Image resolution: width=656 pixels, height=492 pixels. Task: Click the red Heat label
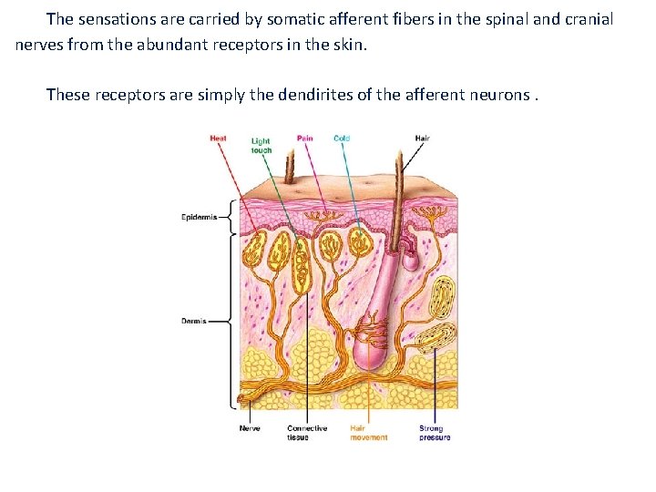point(219,138)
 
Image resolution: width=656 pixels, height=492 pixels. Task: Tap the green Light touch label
point(261,145)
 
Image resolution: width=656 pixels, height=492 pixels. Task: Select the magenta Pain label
point(304,138)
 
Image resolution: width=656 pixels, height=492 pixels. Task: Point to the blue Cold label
point(342,138)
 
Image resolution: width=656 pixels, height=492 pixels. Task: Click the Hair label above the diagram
point(422,138)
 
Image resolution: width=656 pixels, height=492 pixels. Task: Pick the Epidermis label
point(199,217)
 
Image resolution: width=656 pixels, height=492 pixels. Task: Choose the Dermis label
point(193,321)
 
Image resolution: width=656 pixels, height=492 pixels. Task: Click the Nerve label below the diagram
point(250,428)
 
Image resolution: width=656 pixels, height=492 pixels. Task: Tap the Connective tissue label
point(307,433)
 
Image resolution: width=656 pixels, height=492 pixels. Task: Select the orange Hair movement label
point(369,433)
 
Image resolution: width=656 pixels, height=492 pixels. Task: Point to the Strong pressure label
point(435,433)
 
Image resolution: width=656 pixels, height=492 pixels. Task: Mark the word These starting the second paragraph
point(69,94)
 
